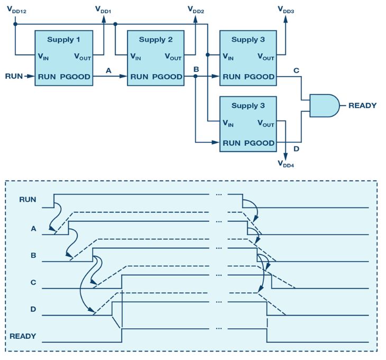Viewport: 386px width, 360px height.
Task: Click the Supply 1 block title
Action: tap(65, 40)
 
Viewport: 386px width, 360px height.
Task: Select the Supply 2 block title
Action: tap(156, 40)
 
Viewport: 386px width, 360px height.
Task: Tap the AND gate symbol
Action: tap(324, 105)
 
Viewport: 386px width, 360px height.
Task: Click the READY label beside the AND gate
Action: tap(362, 105)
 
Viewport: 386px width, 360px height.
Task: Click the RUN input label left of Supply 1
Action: tap(14, 76)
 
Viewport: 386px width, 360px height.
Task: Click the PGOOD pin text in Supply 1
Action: tap(75, 77)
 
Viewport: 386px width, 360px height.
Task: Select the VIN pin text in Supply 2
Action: tap(137, 57)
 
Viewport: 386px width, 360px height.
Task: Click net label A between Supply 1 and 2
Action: tap(108, 69)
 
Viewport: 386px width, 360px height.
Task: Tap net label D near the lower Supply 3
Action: tap(296, 149)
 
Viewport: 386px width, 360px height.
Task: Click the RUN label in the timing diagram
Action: tap(27, 200)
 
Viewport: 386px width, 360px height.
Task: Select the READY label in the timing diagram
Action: tap(23, 336)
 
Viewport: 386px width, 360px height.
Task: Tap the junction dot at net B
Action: tap(196, 77)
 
